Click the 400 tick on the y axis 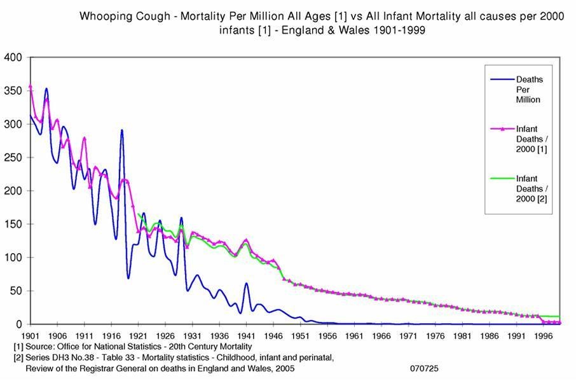pos(13,57)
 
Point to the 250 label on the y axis pos(13,157)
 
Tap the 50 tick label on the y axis pos(16,291)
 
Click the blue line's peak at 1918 pos(121,130)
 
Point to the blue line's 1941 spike pos(246,284)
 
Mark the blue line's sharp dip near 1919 pos(128,278)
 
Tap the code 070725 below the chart pos(424,368)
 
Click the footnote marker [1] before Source pos(18,347)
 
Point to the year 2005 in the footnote pos(283,368)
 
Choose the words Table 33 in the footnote pos(120,357)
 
